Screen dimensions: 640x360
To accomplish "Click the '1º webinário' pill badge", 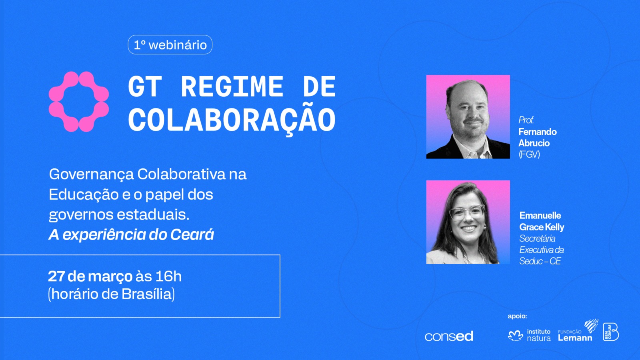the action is tap(170, 44).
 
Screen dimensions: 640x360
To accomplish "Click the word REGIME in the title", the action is tap(232, 86).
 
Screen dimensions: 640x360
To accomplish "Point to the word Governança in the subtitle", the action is tap(92, 175).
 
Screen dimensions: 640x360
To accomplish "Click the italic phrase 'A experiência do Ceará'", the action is tap(131, 234).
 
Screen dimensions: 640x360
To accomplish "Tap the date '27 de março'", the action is tap(90, 276).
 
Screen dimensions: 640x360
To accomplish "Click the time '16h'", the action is tap(168, 276).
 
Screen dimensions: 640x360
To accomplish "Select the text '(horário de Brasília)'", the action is tap(112, 294).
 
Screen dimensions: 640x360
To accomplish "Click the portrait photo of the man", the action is tap(468, 116).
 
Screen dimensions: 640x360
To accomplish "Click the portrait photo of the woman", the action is tap(468, 222).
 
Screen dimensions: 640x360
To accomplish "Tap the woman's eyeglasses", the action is tap(466, 213).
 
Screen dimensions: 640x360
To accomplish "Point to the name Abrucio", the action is tap(534, 143).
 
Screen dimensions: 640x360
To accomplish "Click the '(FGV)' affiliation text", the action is tap(529, 154).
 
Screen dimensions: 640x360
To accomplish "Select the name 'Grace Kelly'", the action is tap(542, 227).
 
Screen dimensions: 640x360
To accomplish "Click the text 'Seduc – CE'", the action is tap(540, 261).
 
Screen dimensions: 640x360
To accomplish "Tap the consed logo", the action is tap(449, 336).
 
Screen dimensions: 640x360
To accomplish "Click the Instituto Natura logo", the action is tap(530, 335).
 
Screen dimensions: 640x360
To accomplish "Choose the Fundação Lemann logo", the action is tap(578, 331).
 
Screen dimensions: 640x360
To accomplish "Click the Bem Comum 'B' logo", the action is tap(611, 332).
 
